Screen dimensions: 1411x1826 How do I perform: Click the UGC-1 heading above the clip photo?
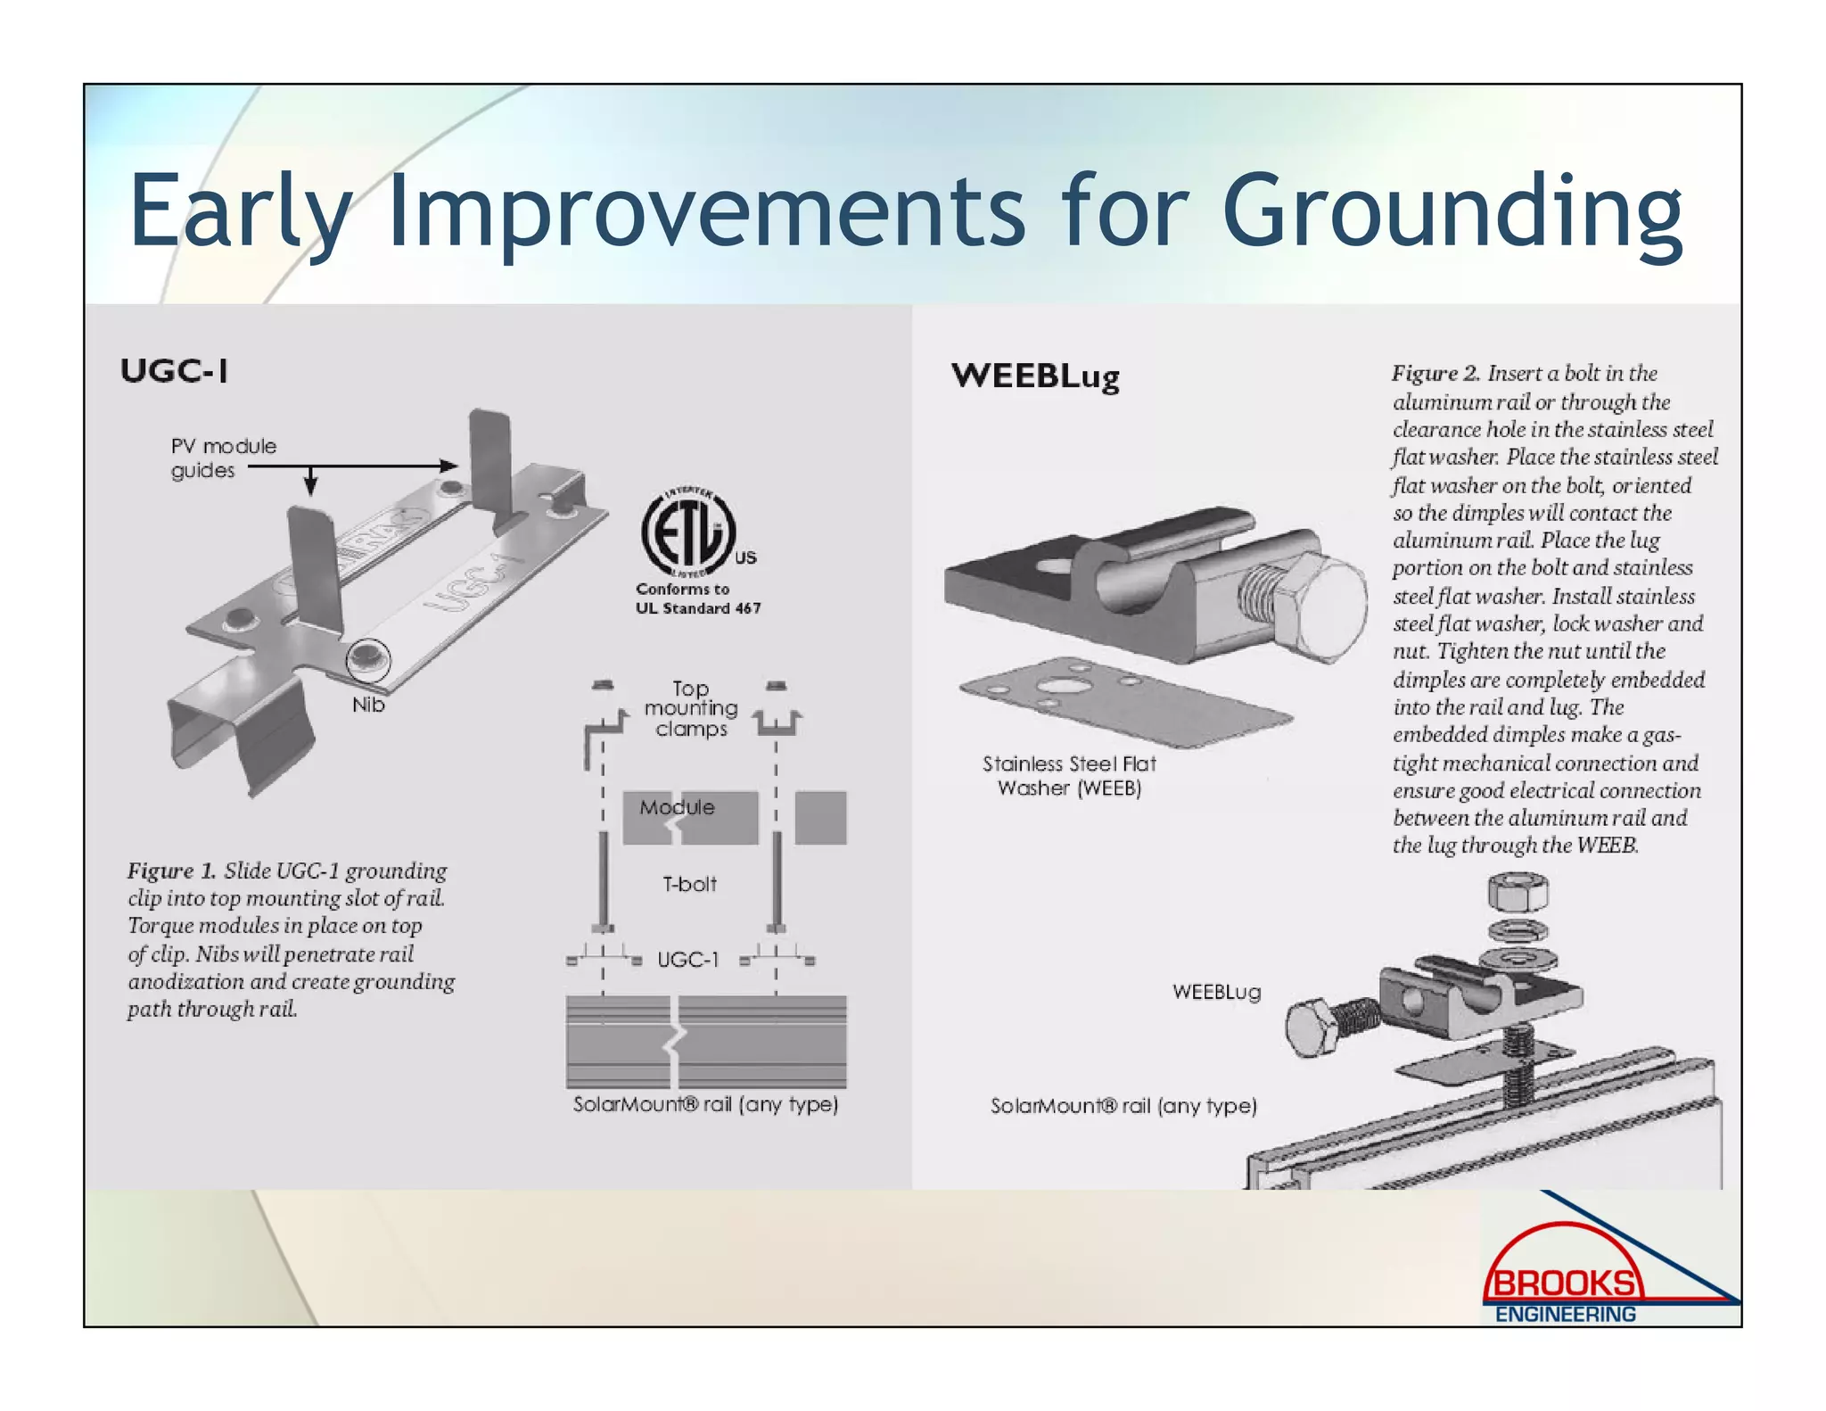[174, 371]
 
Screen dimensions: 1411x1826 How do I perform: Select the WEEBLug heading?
[1034, 376]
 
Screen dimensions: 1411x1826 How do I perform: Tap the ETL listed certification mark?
[688, 533]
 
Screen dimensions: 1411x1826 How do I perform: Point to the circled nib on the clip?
[367, 660]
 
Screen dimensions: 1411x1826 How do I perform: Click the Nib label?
[367, 705]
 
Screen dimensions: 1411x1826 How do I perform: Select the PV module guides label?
[223, 458]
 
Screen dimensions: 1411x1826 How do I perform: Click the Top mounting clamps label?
[691, 709]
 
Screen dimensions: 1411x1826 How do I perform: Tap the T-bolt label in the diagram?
[689, 885]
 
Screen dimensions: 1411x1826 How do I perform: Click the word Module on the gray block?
[677, 808]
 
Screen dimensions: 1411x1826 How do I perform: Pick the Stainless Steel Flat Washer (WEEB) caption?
[1068, 776]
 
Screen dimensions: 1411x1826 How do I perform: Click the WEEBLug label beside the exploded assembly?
[1216, 993]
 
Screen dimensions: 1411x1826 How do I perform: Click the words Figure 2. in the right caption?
[1435, 374]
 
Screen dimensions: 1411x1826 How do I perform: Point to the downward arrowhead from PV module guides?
[310, 486]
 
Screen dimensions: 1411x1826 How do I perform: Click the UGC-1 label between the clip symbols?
[687, 961]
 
